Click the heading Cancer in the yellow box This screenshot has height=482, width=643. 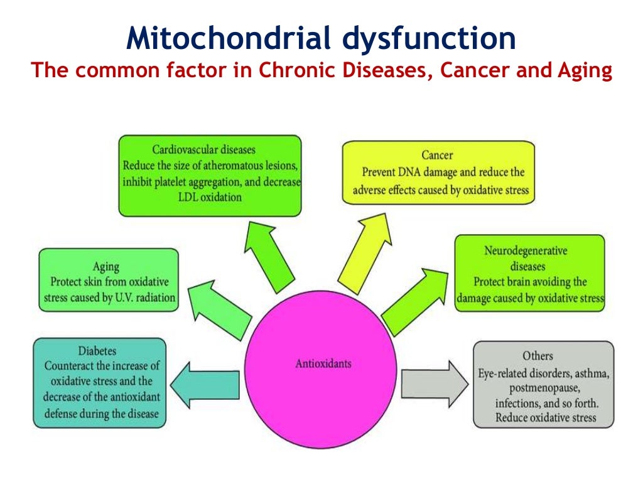coord(437,155)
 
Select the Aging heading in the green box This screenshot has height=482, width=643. coord(109,266)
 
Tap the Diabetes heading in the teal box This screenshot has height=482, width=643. coord(97,351)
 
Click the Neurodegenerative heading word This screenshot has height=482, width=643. coord(525,251)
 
